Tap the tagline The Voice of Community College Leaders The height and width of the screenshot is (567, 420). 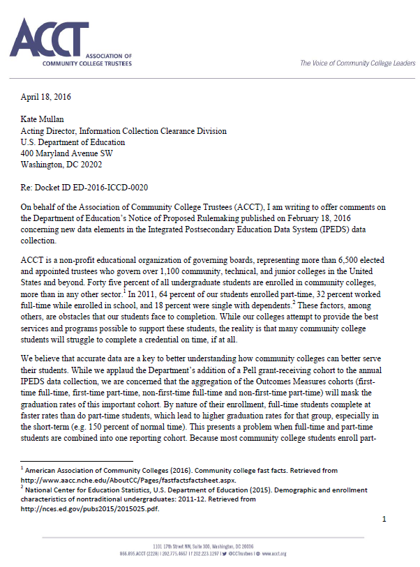pyautogui.click(x=357, y=63)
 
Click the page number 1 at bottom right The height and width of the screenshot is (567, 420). pyautogui.click(x=384, y=519)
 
